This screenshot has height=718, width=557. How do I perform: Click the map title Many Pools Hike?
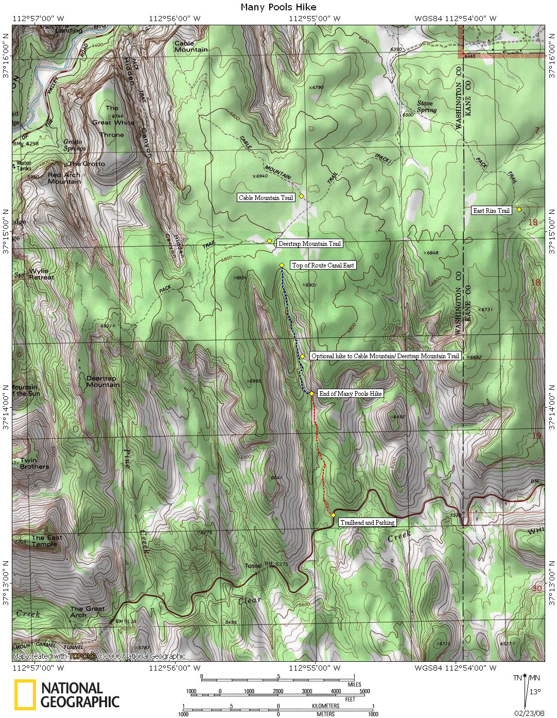coord(278,7)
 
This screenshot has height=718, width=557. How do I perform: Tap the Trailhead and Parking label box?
coord(367,522)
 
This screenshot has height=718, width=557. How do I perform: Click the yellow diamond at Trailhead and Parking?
coord(334,515)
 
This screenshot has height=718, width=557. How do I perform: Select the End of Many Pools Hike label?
coord(351,394)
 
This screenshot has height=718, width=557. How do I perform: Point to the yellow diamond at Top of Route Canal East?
coord(282,265)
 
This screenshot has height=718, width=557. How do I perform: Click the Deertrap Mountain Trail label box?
coord(309,244)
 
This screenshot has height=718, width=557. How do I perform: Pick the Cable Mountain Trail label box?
coord(266,197)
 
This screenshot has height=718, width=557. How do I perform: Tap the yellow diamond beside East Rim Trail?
coord(519,209)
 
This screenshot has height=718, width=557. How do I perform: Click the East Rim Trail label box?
coord(492,210)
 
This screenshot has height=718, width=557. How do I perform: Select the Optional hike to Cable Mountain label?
coord(385,356)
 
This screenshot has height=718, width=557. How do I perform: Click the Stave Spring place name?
coord(425,107)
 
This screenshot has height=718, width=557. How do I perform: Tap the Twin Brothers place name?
coord(34,463)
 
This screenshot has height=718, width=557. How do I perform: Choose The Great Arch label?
coord(87,612)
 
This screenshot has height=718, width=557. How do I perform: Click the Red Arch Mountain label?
coord(64,178)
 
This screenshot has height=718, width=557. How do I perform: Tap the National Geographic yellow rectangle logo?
coord(25,694)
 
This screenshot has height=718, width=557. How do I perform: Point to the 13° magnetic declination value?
coord(535,692)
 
